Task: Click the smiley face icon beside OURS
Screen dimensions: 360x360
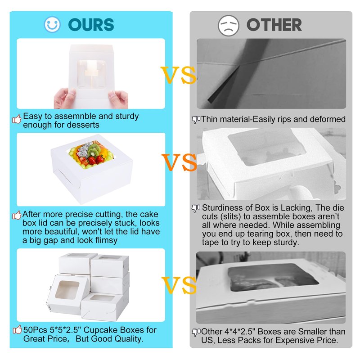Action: [x=52, y=24]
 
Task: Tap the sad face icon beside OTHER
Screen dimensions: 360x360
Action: [x=229, y=25]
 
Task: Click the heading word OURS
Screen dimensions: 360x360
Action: [x=91, y=25]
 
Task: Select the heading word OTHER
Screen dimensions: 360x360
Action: [x=274, y=25]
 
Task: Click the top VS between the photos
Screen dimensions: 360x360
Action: [x=178, y=75]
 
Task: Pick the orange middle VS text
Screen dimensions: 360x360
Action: [x=179, y=162]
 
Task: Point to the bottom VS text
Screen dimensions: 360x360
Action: [x=179, y=285]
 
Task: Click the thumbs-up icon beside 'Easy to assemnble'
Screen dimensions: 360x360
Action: [x=17, y=119]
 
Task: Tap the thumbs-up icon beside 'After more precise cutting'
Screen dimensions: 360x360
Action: [x=17, y=215]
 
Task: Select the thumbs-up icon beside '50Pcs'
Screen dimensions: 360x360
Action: [x=18, y=330]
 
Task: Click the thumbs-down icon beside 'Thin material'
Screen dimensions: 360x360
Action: [x=196, y=120]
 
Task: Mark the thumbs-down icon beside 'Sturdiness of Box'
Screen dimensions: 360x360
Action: [x=196, y=208]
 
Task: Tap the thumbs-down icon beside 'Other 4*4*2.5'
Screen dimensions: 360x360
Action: [x=196, y=332]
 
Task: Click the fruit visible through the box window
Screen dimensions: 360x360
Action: [x=91, y=154]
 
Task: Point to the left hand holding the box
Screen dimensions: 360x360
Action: [x=65, y=98]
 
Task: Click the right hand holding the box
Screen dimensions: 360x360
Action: [x=118, y=99]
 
